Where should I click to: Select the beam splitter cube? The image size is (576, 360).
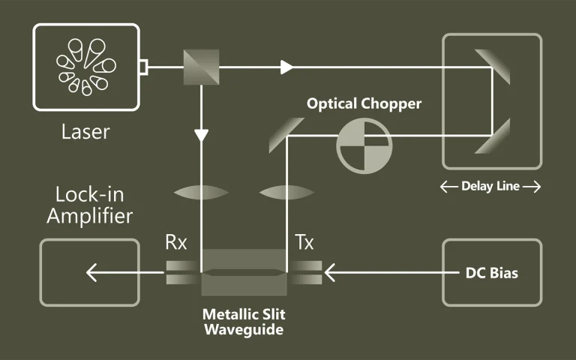[201, 67]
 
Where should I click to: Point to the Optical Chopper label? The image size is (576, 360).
[364, 103]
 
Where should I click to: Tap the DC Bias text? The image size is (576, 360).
[491, 273]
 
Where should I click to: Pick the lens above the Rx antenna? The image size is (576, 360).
[200, 193]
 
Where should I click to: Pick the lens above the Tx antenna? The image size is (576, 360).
[286, 193]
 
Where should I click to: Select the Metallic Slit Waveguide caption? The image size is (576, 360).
[244, 321]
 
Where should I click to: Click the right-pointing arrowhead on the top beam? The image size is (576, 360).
[286, 67]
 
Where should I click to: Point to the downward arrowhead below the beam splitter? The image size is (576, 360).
[201, 136]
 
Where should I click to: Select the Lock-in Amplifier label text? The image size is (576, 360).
[90, 206]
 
